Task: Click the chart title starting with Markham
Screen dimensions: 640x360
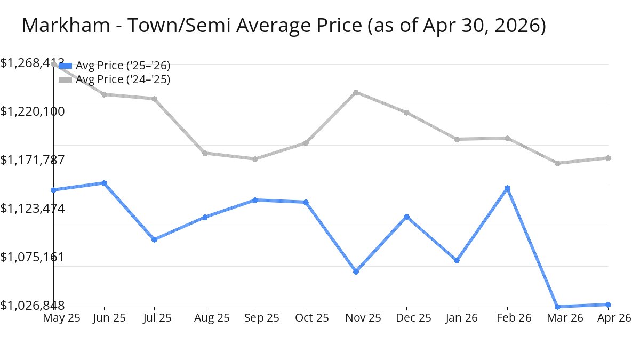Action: (284, 26)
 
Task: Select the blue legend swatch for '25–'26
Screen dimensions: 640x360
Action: (65, 66)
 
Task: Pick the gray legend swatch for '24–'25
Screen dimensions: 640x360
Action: (65, 79)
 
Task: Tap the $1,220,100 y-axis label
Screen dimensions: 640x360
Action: (33, 111)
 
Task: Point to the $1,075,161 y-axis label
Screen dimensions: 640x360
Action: (33, 257)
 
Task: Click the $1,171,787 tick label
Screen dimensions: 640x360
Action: (33, 159)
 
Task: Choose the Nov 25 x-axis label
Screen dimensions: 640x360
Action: (363, 318)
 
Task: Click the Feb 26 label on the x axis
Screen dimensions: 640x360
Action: (514, 318)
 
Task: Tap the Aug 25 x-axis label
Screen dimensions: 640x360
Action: (212, 318)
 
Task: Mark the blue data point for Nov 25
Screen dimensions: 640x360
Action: (356, 271)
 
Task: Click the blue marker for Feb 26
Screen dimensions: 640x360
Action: (507, 188)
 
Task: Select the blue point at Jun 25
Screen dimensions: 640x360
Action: (105, 183)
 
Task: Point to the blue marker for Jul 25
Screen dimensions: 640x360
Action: (154, 239)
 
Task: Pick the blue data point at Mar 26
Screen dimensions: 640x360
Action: (557, 307)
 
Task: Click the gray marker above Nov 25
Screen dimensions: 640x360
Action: (356, 93)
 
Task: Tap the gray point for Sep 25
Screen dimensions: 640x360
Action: (255, 159)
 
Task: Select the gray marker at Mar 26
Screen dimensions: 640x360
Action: (557, 163)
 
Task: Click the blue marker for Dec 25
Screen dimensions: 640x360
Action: (406, 217)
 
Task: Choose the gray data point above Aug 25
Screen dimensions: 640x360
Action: (205, 153)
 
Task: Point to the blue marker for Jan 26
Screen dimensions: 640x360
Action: (457, 260)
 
